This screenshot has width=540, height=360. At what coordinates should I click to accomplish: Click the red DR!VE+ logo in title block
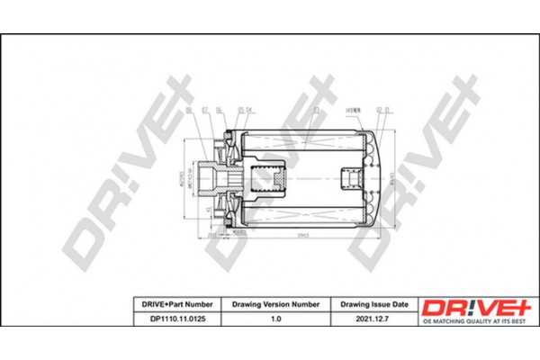coord(463,307)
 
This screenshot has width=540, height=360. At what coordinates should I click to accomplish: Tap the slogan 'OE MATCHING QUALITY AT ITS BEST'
coord(463,320)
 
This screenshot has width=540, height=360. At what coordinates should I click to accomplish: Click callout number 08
coord(189,111)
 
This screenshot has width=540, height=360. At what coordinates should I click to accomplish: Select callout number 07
coord(204,111)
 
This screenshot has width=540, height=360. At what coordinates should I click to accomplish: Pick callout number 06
coord(219,111)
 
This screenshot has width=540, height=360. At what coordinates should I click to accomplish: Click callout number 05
coord(239,111)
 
